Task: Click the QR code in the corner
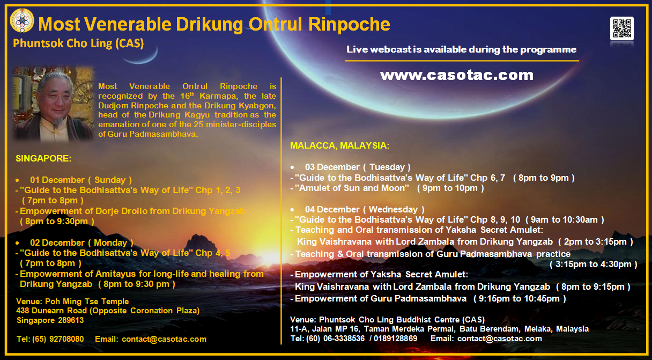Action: coord(621,28)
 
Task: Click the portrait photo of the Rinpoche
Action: coord(53,103)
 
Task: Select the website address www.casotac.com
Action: coord(457,75)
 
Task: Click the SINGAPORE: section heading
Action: coord(43,159)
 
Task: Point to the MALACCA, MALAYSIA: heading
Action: coord(339,145)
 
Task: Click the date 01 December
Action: coord(57,180)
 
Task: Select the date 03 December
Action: coord(332,167)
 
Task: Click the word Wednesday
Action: coord(393,209)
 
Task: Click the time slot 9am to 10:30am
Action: coord(565,219)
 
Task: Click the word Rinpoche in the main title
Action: coord(344,24)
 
